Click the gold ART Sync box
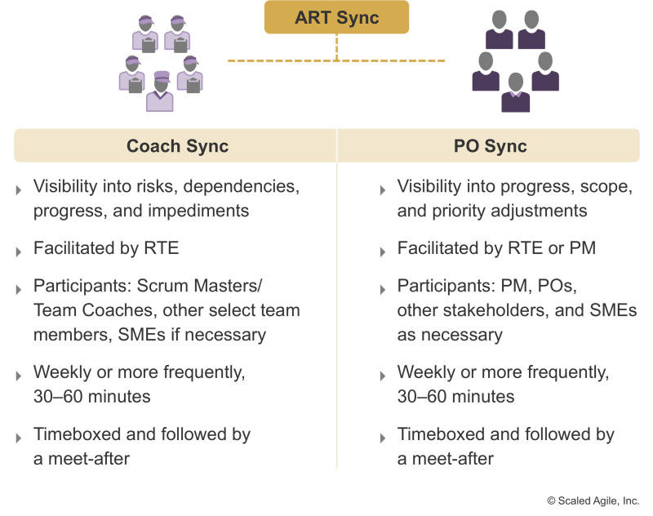pyautogui.click(x=336, y=17)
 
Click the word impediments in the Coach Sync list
pyautogui.click(x=198, y=211)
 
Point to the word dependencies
pyautogui.click(x=241, y=187)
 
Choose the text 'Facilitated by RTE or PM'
pyautogui.click(x=496, y=248)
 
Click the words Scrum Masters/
pyautogui.click(x=199, y=286)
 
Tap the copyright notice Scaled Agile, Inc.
pyautogui.click(x=593, y=500)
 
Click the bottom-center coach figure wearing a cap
pyautogui.click(x=160, y=91)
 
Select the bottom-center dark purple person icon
pyautogui.click(x=516, y=92)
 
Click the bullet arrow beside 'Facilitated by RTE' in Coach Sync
pyautogui.click(x=19, y=252)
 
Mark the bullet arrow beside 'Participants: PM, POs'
pyautogui.click(x=383, y=290)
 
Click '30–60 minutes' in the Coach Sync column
pyautogui.click(x=92, y=397)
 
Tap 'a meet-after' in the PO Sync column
pyautogui.click(x=445, y=459)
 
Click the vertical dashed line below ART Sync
pyautogui.click(x=336, y=47)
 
